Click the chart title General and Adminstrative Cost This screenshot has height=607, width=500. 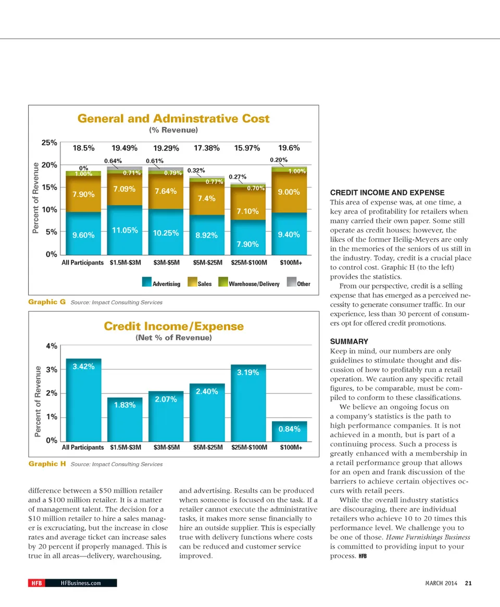coord(173,119)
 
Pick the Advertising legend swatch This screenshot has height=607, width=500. coord(146,284)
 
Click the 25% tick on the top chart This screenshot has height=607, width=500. coord(49,142)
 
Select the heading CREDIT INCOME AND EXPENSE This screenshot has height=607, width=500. coord(387,193)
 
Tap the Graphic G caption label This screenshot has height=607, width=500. coord(47,302)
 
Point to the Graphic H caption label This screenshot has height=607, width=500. coord(47,464)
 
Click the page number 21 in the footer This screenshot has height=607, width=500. coord(468,583)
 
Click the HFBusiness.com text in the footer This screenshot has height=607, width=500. coord(81,583)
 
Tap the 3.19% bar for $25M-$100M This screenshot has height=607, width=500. coord(248,401)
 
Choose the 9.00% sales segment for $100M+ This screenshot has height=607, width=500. coord(289,192)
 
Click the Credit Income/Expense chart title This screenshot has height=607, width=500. coord(173,326)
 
